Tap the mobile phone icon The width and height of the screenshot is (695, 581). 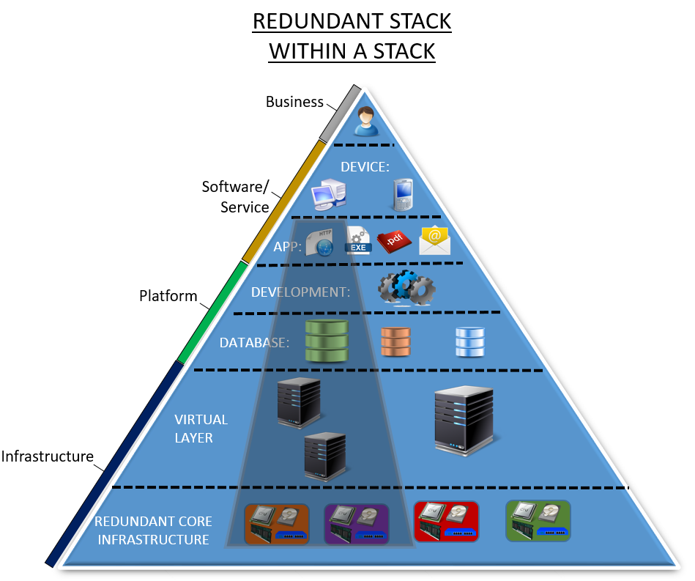402,195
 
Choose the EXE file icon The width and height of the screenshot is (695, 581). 358,240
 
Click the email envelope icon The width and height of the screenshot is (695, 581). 434,240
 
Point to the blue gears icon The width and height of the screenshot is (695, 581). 406,289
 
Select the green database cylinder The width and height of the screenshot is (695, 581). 326,341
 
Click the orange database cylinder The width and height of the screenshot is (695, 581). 397,341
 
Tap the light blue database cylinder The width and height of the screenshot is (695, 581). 470,341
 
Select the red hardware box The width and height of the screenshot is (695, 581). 446,522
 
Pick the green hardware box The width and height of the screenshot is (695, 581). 538,521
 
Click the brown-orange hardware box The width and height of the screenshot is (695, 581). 275,524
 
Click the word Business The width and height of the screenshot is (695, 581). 294,102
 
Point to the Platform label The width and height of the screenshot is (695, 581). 168,296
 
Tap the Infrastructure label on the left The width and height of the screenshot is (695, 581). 48,456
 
